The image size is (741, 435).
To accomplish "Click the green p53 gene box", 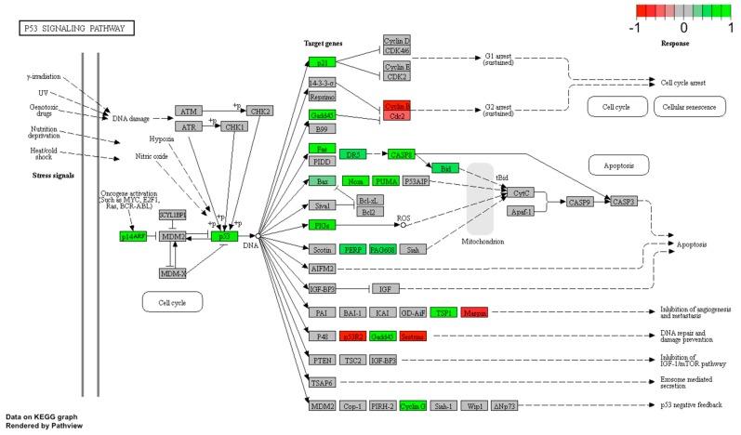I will [223, 237].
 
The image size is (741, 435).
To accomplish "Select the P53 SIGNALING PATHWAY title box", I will [77, 29].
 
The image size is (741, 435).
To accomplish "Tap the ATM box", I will [190, 112].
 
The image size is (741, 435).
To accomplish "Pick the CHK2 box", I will [260, 112].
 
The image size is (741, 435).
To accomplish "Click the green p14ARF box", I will [133, 237].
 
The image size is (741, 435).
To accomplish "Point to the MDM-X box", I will [173, 272].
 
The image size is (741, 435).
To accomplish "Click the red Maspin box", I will [473, 312].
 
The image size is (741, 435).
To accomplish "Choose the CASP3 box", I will [623, 201].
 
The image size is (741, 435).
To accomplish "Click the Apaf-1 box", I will [519, 212].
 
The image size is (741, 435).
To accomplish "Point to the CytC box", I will [519, 192].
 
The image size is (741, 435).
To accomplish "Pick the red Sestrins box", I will [412, 336].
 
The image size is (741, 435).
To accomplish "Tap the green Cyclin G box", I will [412, 405].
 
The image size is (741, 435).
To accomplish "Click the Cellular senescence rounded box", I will [689, 108].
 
